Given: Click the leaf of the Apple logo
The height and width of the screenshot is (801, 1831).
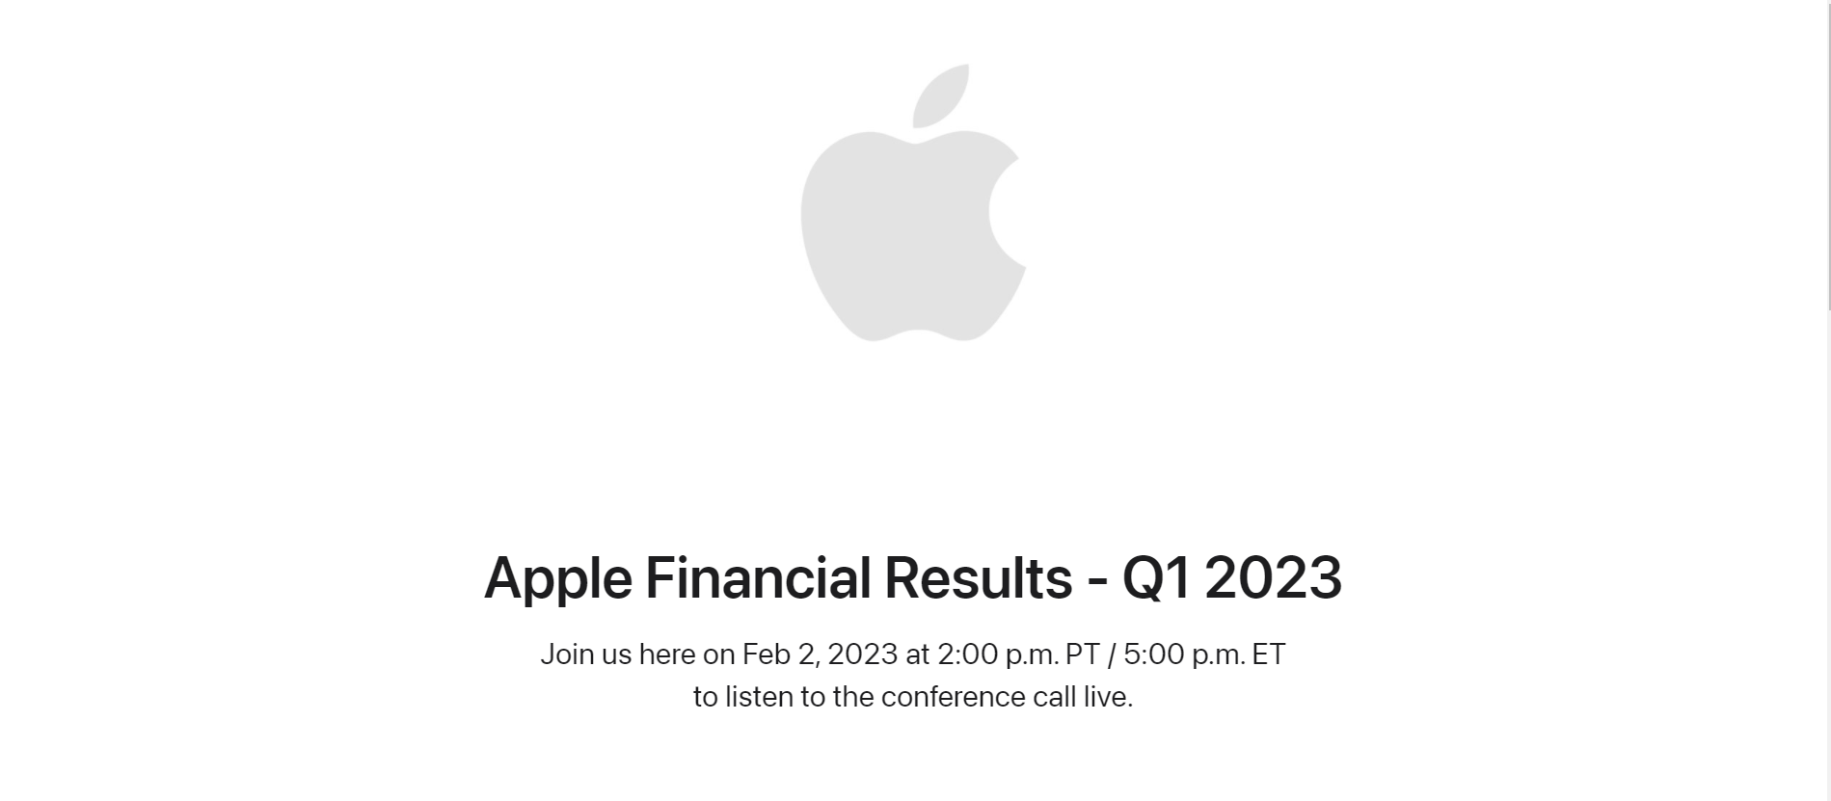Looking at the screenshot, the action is (x=939, y=96).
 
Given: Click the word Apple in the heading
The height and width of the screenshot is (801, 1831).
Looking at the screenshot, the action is (x=557, y=578).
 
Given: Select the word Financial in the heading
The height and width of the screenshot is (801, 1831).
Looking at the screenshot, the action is (x=758, y=577).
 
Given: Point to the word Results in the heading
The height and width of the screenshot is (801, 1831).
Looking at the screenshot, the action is (x=978, y=577).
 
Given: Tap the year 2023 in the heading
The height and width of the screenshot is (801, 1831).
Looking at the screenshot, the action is (x=1273, y=577).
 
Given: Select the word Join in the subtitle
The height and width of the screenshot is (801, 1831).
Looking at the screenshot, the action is (x=567, y=654).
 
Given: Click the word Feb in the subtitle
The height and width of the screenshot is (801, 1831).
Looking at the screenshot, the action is (x=767, y=654).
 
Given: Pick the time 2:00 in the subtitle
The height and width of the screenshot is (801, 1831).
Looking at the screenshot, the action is (x=967, y=654).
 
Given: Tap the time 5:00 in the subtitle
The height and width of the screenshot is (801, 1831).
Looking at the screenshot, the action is (x=1153, y=654).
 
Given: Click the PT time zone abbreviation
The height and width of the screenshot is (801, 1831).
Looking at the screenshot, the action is (x=1082, y=654).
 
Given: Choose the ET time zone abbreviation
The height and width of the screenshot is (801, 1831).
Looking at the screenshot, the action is (x=1269, y=654).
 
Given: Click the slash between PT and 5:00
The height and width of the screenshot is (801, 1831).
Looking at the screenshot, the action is (x=1112, y=654).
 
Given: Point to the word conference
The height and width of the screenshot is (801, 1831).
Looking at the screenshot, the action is (x=953, y=696).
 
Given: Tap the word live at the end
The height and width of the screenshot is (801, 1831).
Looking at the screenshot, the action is (x=1108, y=696).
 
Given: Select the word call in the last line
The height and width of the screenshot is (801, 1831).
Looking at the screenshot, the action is (x=1054, y=696).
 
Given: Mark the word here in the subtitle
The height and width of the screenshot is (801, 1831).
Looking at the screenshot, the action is (x=667, y=654).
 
